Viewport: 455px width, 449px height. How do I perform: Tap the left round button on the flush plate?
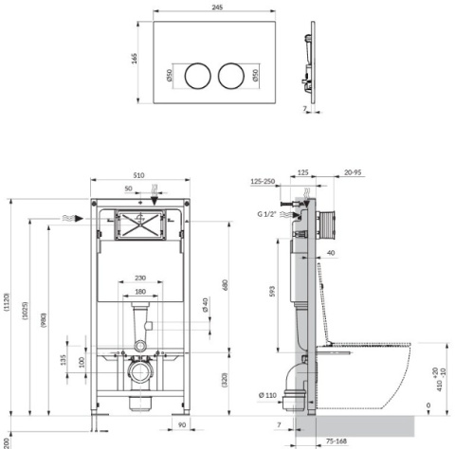pos(197,75)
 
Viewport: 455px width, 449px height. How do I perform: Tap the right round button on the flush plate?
pos(231,75)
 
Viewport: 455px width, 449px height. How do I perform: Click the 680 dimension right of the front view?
pos(224,284)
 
